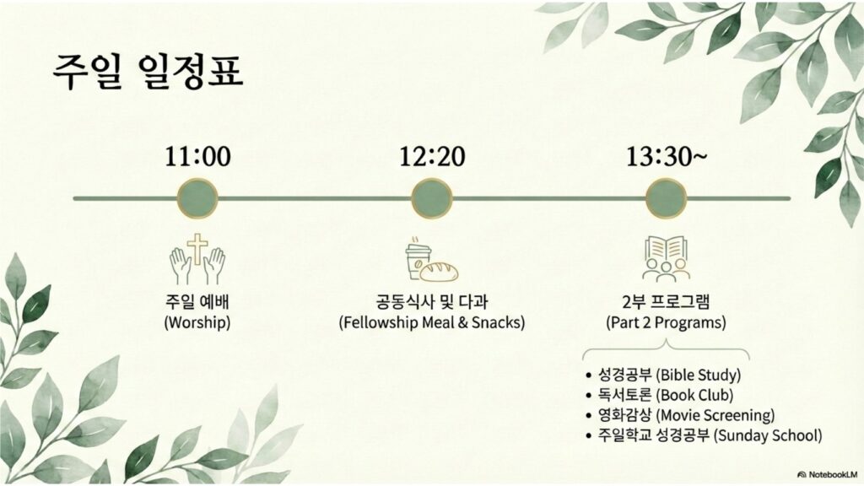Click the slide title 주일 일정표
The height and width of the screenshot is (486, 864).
click(148, 71)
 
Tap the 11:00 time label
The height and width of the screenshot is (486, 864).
click(197, 156)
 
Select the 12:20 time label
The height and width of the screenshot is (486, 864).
click(432, 156)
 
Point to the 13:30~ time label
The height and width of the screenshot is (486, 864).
click(667, 156)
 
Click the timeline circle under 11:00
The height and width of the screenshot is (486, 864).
click(197, 198)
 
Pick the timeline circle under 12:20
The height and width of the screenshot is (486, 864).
click(432, 198)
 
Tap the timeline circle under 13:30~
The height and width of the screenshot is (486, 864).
click(667, 198)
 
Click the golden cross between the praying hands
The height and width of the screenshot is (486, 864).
click(197, 249)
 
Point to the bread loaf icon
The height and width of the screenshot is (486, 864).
click(440, 271)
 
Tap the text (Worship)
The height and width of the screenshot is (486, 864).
click(197, 321)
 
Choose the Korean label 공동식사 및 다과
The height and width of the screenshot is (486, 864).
click(432, 301)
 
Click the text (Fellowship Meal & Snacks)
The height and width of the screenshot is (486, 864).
click(432, 321)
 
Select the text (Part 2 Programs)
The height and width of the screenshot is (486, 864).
click(667, 321)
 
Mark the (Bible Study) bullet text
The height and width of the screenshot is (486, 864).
click(698, 375)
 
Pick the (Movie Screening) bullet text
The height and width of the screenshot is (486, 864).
click(715, 415)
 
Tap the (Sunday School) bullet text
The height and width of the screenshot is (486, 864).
click(768, 435)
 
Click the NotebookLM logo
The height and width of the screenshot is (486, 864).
click(827, 474)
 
